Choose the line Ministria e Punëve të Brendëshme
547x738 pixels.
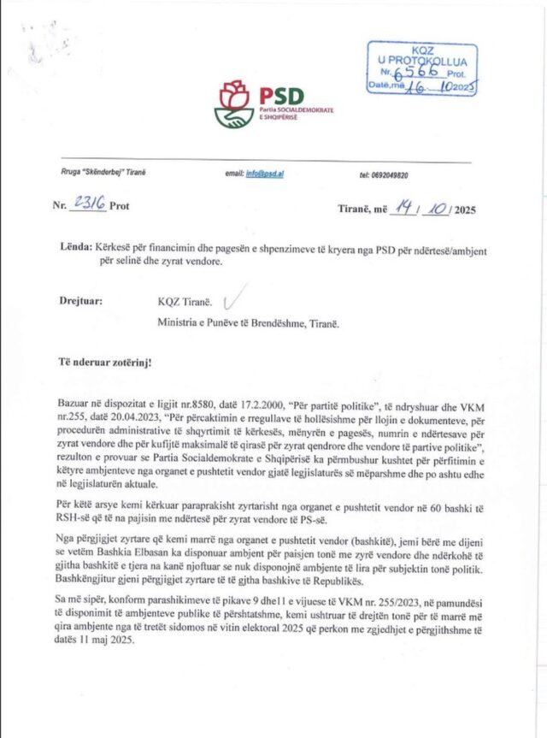click(247, 323)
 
